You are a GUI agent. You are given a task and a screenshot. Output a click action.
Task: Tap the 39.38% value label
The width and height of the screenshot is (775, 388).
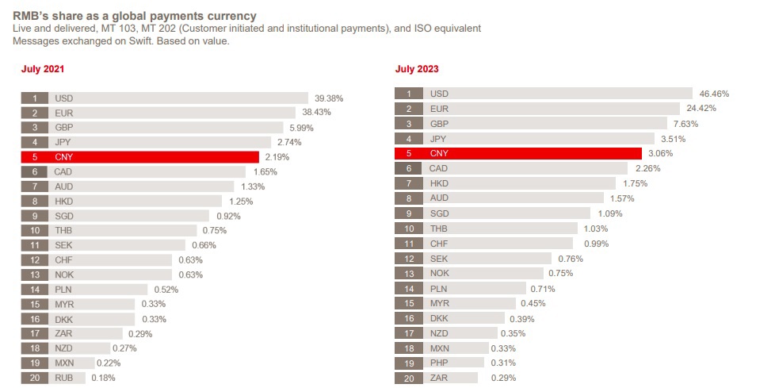328,98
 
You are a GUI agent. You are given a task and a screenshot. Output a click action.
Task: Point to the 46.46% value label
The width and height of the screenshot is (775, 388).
713,94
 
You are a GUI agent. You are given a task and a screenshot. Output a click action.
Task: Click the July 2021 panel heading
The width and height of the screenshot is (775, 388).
42,70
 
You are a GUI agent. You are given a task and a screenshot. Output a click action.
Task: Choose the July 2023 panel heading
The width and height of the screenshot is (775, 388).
417,70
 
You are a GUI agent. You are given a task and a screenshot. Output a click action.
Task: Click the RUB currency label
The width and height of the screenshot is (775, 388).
64,378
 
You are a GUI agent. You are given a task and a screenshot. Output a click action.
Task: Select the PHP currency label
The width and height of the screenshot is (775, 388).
439,363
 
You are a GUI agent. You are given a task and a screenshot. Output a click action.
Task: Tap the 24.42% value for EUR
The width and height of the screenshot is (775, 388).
701,109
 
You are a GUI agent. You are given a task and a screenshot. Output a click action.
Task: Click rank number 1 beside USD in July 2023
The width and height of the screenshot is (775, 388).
409,94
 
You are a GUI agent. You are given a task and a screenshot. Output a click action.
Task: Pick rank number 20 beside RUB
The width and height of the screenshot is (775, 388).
35,378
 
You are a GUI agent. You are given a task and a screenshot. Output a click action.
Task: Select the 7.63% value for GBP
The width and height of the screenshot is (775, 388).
685,124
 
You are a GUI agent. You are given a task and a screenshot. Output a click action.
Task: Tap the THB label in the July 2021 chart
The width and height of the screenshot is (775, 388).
64,231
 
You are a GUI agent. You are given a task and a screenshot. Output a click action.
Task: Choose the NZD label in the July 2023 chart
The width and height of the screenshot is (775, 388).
439,333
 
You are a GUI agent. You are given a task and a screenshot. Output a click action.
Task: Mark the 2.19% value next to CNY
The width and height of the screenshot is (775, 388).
277,157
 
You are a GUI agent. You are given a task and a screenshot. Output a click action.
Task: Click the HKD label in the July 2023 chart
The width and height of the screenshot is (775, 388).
439,183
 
